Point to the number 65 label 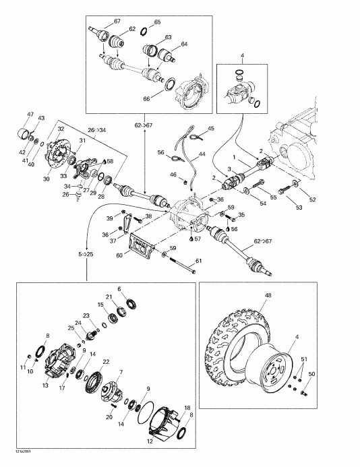(x=157, y=22)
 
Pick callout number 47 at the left (x=30, y=115)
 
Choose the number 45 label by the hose (x=210, y=129)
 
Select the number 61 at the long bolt (x=199, y=261)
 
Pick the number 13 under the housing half (x=45, y=385)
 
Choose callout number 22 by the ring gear (x=106, y=362)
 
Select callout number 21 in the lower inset (x=108, y=297)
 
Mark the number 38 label (x=148, y=216)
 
